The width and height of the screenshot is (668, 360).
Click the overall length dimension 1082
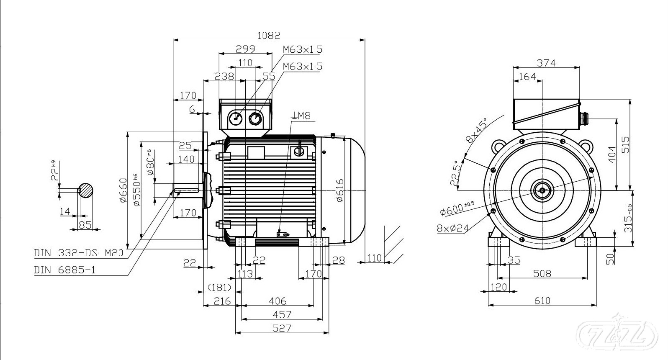(268, 35)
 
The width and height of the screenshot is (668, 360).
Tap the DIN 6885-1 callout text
(64, 270)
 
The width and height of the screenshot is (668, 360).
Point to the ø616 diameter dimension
(339, 190)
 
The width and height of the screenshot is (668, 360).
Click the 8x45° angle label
(477, 131)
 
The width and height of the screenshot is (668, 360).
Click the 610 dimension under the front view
(542, 300)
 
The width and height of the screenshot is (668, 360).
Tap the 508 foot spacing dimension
(542, 273)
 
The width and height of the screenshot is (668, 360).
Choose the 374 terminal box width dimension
(546, 63)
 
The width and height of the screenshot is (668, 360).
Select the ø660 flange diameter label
(123, 190)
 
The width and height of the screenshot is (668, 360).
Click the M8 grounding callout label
(303, 116)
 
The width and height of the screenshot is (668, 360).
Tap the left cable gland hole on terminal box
(236, 118)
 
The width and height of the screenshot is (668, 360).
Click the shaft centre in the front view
(542, 190)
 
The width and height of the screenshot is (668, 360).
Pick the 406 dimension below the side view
(277, 301)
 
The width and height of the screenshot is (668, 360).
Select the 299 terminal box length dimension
(245, 49)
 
